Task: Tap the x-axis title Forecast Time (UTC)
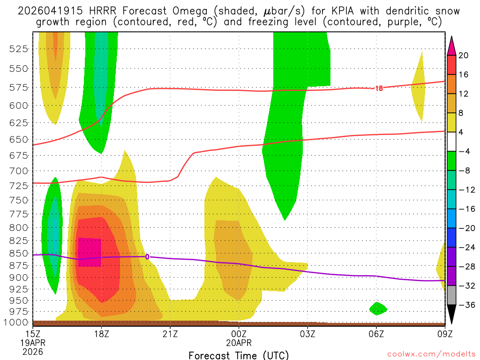[239, 355]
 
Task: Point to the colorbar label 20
[464, 55]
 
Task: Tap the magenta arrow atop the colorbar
[451, 45]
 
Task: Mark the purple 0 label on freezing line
[147, 257]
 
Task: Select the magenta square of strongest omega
[90, 252]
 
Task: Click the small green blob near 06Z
[378, 308]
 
